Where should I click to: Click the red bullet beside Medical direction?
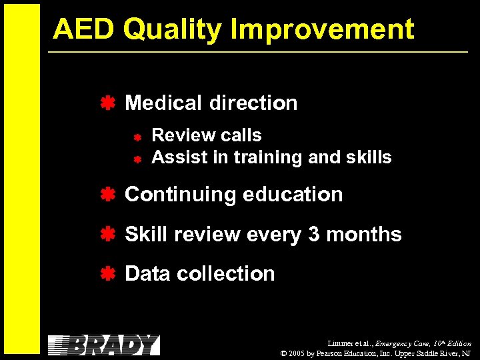pos(107,103)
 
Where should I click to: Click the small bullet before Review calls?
pos(135,137)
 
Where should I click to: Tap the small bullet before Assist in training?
pos(135,159)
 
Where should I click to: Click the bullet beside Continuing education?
pos(107,194)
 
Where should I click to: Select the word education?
pos(293,194)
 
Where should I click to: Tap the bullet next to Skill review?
pos(107,234)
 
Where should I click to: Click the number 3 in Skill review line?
pos(314,234)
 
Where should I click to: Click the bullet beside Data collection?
pos(107,273)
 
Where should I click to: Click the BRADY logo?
pos(104,345)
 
